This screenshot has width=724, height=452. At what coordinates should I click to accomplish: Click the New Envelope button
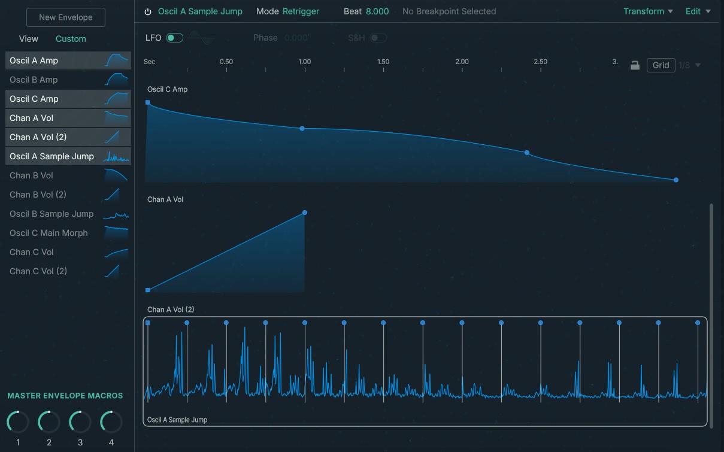66,17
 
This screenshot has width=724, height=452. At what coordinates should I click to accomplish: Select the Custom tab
71,39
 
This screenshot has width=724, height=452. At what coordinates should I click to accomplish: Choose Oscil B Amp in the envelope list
34,80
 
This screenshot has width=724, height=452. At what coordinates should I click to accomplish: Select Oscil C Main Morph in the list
49,233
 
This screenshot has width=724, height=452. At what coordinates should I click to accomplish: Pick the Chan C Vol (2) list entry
38,271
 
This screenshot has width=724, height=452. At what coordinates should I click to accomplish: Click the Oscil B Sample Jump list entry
52,214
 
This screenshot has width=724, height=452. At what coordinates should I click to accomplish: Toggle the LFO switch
174,38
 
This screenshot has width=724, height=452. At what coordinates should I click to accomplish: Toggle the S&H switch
378,38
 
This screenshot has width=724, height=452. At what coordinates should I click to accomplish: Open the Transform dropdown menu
648,11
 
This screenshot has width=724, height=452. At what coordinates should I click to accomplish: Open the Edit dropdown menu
698,11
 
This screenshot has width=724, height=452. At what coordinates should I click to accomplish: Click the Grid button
661,65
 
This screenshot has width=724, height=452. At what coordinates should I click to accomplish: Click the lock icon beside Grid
635,65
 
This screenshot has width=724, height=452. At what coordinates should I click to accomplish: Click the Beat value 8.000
377,11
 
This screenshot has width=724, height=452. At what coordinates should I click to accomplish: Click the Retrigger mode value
301,11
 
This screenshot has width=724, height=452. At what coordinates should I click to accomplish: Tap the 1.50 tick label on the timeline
383,62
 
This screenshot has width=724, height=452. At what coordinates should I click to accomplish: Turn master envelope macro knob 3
80,422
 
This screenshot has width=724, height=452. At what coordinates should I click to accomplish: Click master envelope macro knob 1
18,422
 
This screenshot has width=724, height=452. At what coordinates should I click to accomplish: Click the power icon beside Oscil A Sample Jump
148,11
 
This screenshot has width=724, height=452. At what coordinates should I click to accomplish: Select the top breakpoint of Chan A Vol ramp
305,213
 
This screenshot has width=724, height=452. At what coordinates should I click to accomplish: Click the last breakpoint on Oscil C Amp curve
676,180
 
